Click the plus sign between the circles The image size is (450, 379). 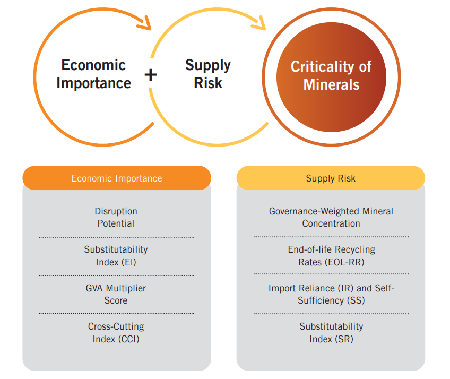tap(151, 75)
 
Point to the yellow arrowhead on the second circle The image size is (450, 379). tap(259, 23)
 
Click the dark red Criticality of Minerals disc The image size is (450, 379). tap(331, 77)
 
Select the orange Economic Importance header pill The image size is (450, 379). tap(117, 178)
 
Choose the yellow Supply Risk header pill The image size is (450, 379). tap(331, 178)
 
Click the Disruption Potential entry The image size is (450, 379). tap(116, 217)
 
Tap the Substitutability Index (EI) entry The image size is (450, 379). tap(116, 256)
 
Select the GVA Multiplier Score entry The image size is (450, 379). tap(116, 294)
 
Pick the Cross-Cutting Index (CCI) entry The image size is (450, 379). tap(116, 333)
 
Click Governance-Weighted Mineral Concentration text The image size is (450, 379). tap(331, 217)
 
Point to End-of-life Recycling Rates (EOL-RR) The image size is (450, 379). tap(332, 256)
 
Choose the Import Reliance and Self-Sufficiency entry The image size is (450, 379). tap(332, 294)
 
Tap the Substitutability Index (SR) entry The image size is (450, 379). tap(332, 333)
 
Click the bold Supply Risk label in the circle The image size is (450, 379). tap(208, 74)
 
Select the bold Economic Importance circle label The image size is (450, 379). tap(93, 74)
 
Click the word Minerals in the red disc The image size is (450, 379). tap(331, 85)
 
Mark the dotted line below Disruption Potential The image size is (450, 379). tap(116, 238)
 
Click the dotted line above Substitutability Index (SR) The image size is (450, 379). tap(332, 314)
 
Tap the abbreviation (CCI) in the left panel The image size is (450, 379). tap(128, 339)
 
